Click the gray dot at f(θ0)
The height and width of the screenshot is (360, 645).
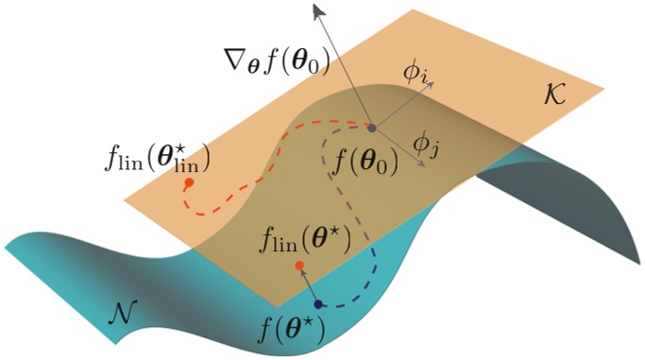[371, 128]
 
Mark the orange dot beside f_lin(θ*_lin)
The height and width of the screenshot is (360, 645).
[189, 181]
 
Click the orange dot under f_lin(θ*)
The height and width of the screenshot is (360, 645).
[299, 266]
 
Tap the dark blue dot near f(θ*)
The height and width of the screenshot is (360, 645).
[318, 303]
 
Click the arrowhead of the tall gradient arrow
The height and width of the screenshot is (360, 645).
[319, 9]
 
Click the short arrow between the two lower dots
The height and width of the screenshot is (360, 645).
[308, 285]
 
